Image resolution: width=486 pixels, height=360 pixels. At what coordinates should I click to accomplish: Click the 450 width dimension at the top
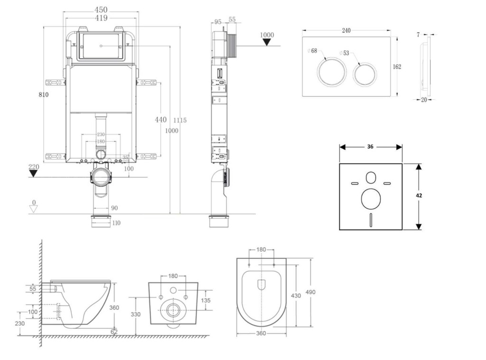point(101,9)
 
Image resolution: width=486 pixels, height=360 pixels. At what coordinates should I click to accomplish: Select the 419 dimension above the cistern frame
point(101,18)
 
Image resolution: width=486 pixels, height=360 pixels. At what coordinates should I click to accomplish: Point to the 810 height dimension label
point(44,95)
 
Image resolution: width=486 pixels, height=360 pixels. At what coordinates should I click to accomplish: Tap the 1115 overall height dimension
point(179,120)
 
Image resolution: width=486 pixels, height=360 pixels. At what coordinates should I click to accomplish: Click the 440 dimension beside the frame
point(161,120)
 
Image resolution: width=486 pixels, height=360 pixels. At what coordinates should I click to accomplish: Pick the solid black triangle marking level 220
point(33,173)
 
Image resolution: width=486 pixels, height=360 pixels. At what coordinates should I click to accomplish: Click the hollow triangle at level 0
point(33,209)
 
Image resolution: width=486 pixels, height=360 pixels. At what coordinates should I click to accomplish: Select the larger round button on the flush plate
point(329,71)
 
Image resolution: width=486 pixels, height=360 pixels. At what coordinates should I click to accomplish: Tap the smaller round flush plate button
point(365,73)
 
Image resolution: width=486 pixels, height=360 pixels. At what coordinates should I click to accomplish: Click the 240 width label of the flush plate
point(346,30)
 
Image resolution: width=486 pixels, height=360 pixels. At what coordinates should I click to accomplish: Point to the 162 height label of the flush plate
point(397,66)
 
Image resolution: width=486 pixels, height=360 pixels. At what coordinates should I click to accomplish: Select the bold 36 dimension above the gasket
point(370,147)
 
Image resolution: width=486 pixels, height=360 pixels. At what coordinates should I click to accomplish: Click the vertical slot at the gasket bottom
point(371,220)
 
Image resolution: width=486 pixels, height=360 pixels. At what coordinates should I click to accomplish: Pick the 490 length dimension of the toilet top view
point(310,292)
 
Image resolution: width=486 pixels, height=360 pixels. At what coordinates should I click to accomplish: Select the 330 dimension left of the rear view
point(135,314)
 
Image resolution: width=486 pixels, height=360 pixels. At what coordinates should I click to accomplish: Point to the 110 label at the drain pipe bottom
point(116,223)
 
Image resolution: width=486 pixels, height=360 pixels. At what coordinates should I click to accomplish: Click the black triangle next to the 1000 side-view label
point(267,42)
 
